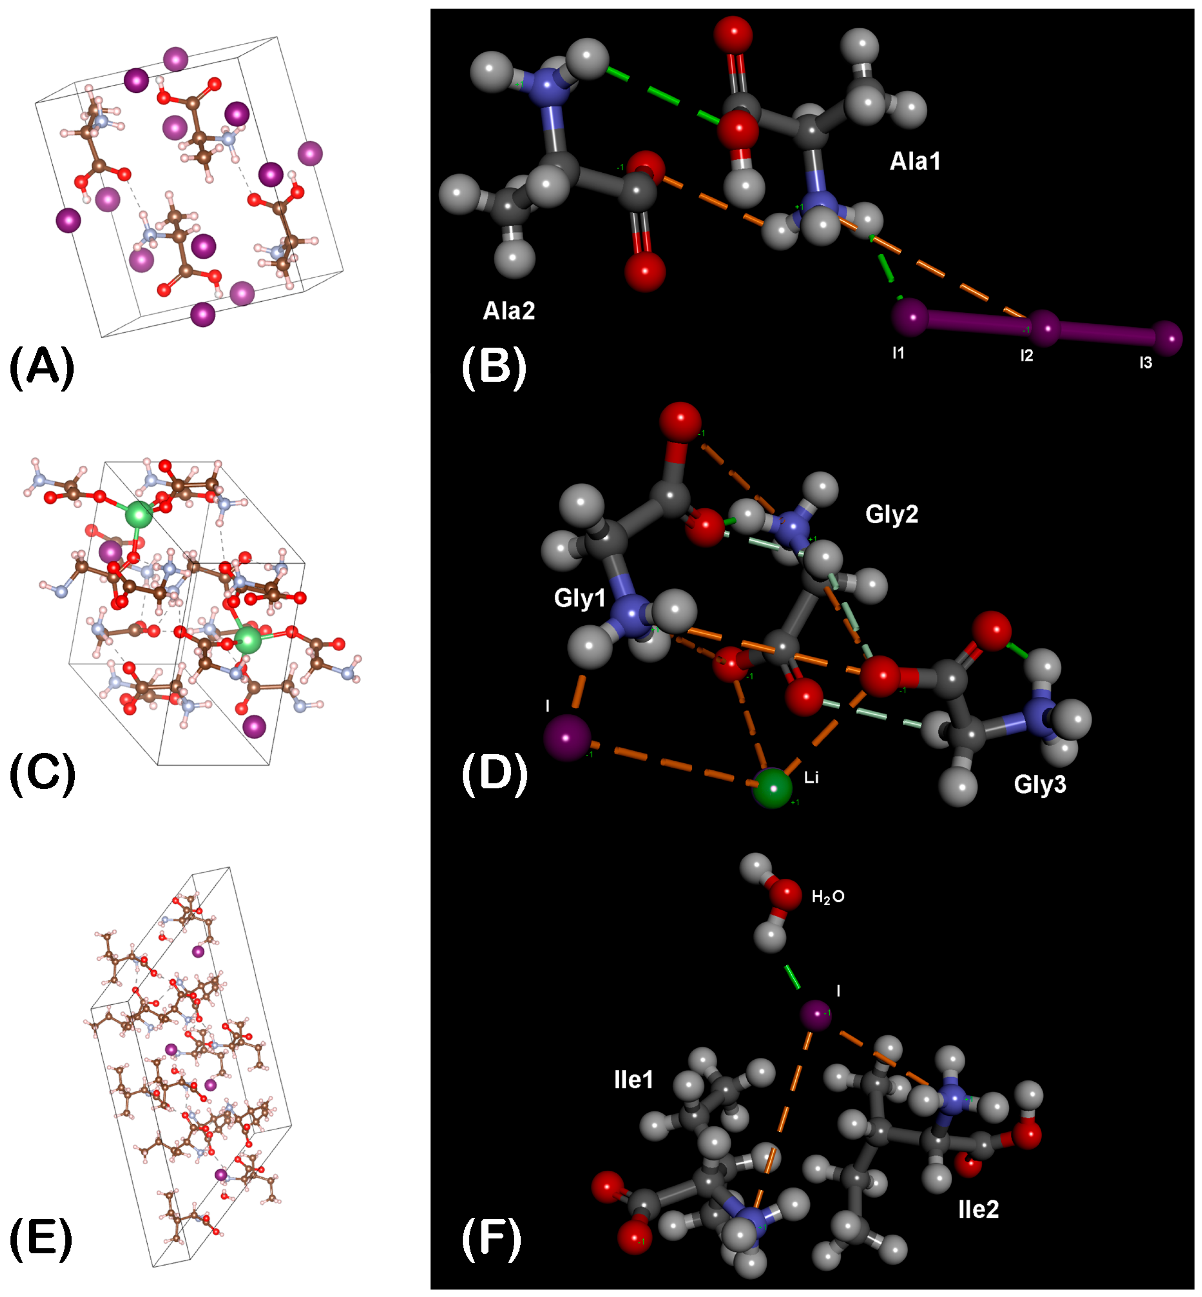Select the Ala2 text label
(x=509, y=311)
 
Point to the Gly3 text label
(x=1040, y=785)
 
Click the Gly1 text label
(x=580, y=598)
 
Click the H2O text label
(x=828, y=897)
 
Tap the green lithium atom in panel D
(x=773, y=788)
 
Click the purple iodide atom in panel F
(x=816, y=1015)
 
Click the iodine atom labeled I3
(x=1168, y=338)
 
